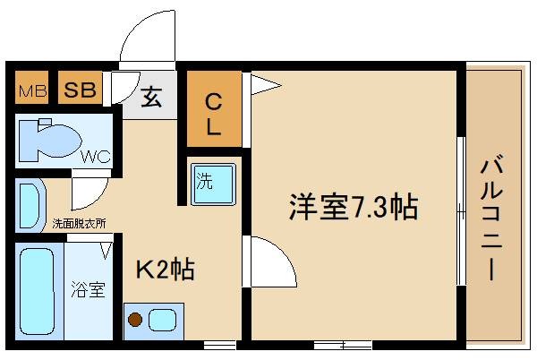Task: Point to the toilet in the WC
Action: [49, 140]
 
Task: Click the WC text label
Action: [96, 156]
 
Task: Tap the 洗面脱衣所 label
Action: [79, 223]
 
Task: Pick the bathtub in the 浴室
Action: [37, 287]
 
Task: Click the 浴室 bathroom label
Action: [89, 290]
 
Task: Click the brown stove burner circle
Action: [136, 318]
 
